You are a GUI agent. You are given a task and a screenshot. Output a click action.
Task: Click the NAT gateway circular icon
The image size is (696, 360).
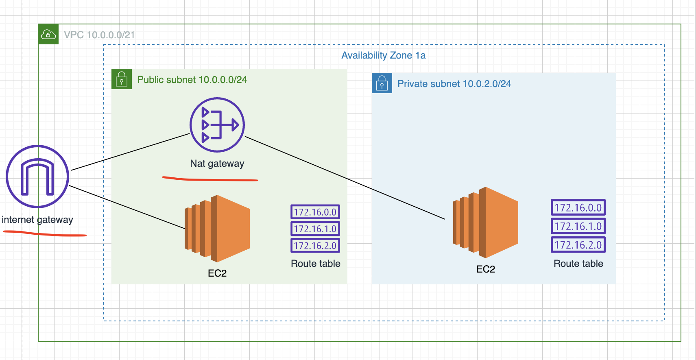click(x=217, y=125)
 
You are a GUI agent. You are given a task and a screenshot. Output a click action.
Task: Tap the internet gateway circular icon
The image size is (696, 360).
click(x=37, y=177)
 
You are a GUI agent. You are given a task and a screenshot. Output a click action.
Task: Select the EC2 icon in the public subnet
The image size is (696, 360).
click(x=217, y=228)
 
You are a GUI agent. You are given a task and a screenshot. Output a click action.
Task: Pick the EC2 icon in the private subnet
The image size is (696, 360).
click(x=485, y=223)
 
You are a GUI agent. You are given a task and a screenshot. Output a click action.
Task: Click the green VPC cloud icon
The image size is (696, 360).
click(x=48, y=34)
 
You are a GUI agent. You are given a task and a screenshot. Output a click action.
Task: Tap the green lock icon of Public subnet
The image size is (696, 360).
click(x=122, y=79)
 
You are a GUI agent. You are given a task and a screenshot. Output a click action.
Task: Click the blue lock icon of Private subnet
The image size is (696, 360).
click(x=382, y=83)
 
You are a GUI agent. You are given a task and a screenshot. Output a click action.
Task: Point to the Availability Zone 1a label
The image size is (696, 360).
click(x=383, y=55)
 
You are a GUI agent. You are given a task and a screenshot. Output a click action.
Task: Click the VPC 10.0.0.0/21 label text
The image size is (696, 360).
click(x=99, y=35)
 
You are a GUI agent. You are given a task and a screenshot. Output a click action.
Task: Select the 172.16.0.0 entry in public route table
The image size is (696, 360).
click(x=315, y=212)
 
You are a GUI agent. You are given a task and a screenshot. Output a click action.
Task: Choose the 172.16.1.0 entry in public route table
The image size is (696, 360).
click(x=315, y=229)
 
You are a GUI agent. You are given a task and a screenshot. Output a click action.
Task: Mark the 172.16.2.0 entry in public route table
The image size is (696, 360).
click(x=315, y=246)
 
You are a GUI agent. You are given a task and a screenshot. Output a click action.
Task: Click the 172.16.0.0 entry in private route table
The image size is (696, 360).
click(x=578, y=207)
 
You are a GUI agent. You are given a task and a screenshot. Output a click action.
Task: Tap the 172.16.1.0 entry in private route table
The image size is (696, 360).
click(x=578, y=226)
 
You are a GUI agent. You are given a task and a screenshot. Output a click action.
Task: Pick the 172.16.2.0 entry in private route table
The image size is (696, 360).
click(x=578, y=245)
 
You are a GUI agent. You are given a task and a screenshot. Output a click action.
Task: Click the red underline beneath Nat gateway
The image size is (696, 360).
click(x=210, y=179)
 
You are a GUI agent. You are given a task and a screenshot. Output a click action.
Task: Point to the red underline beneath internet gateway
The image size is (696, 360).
click(x=45, y=234)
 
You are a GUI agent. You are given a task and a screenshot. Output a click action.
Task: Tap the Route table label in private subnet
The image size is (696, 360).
click(x=578, y=264)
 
